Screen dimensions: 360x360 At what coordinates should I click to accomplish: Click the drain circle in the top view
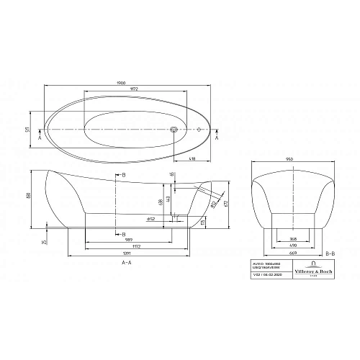click(x=173, y=130)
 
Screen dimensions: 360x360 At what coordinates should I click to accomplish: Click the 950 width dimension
click(x=289, y=158)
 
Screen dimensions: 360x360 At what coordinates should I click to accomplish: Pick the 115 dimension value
click(x=203, y=222)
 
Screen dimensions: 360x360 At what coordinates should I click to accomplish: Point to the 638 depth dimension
click(x=159, y=203)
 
